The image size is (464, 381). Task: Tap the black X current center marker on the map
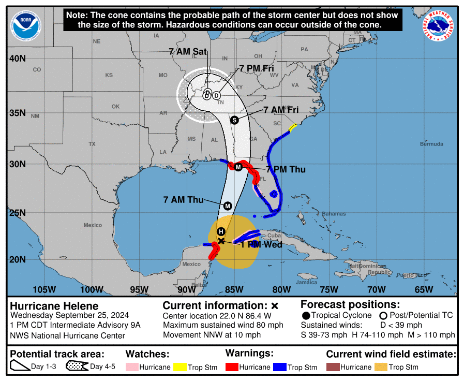point(221,241)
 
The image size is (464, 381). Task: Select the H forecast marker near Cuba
point(221,231)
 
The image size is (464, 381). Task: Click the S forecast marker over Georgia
point(234,120)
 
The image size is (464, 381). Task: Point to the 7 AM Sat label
point(188,51)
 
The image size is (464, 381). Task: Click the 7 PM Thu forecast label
point(286,169)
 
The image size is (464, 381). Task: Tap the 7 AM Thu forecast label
point(183,199)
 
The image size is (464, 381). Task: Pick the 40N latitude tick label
point(18,58)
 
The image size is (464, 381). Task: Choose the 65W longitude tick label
point(424,289)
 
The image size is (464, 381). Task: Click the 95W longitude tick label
point(139,289)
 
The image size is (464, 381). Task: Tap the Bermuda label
point(431,143)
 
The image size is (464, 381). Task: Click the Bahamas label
point(333,214)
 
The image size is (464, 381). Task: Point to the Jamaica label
point(306,282)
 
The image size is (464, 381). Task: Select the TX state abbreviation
point(92,143)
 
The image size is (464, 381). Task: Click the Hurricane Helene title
point(54,306)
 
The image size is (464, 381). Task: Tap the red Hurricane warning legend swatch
point(232,367)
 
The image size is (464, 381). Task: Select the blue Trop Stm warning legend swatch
point(280,367)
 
